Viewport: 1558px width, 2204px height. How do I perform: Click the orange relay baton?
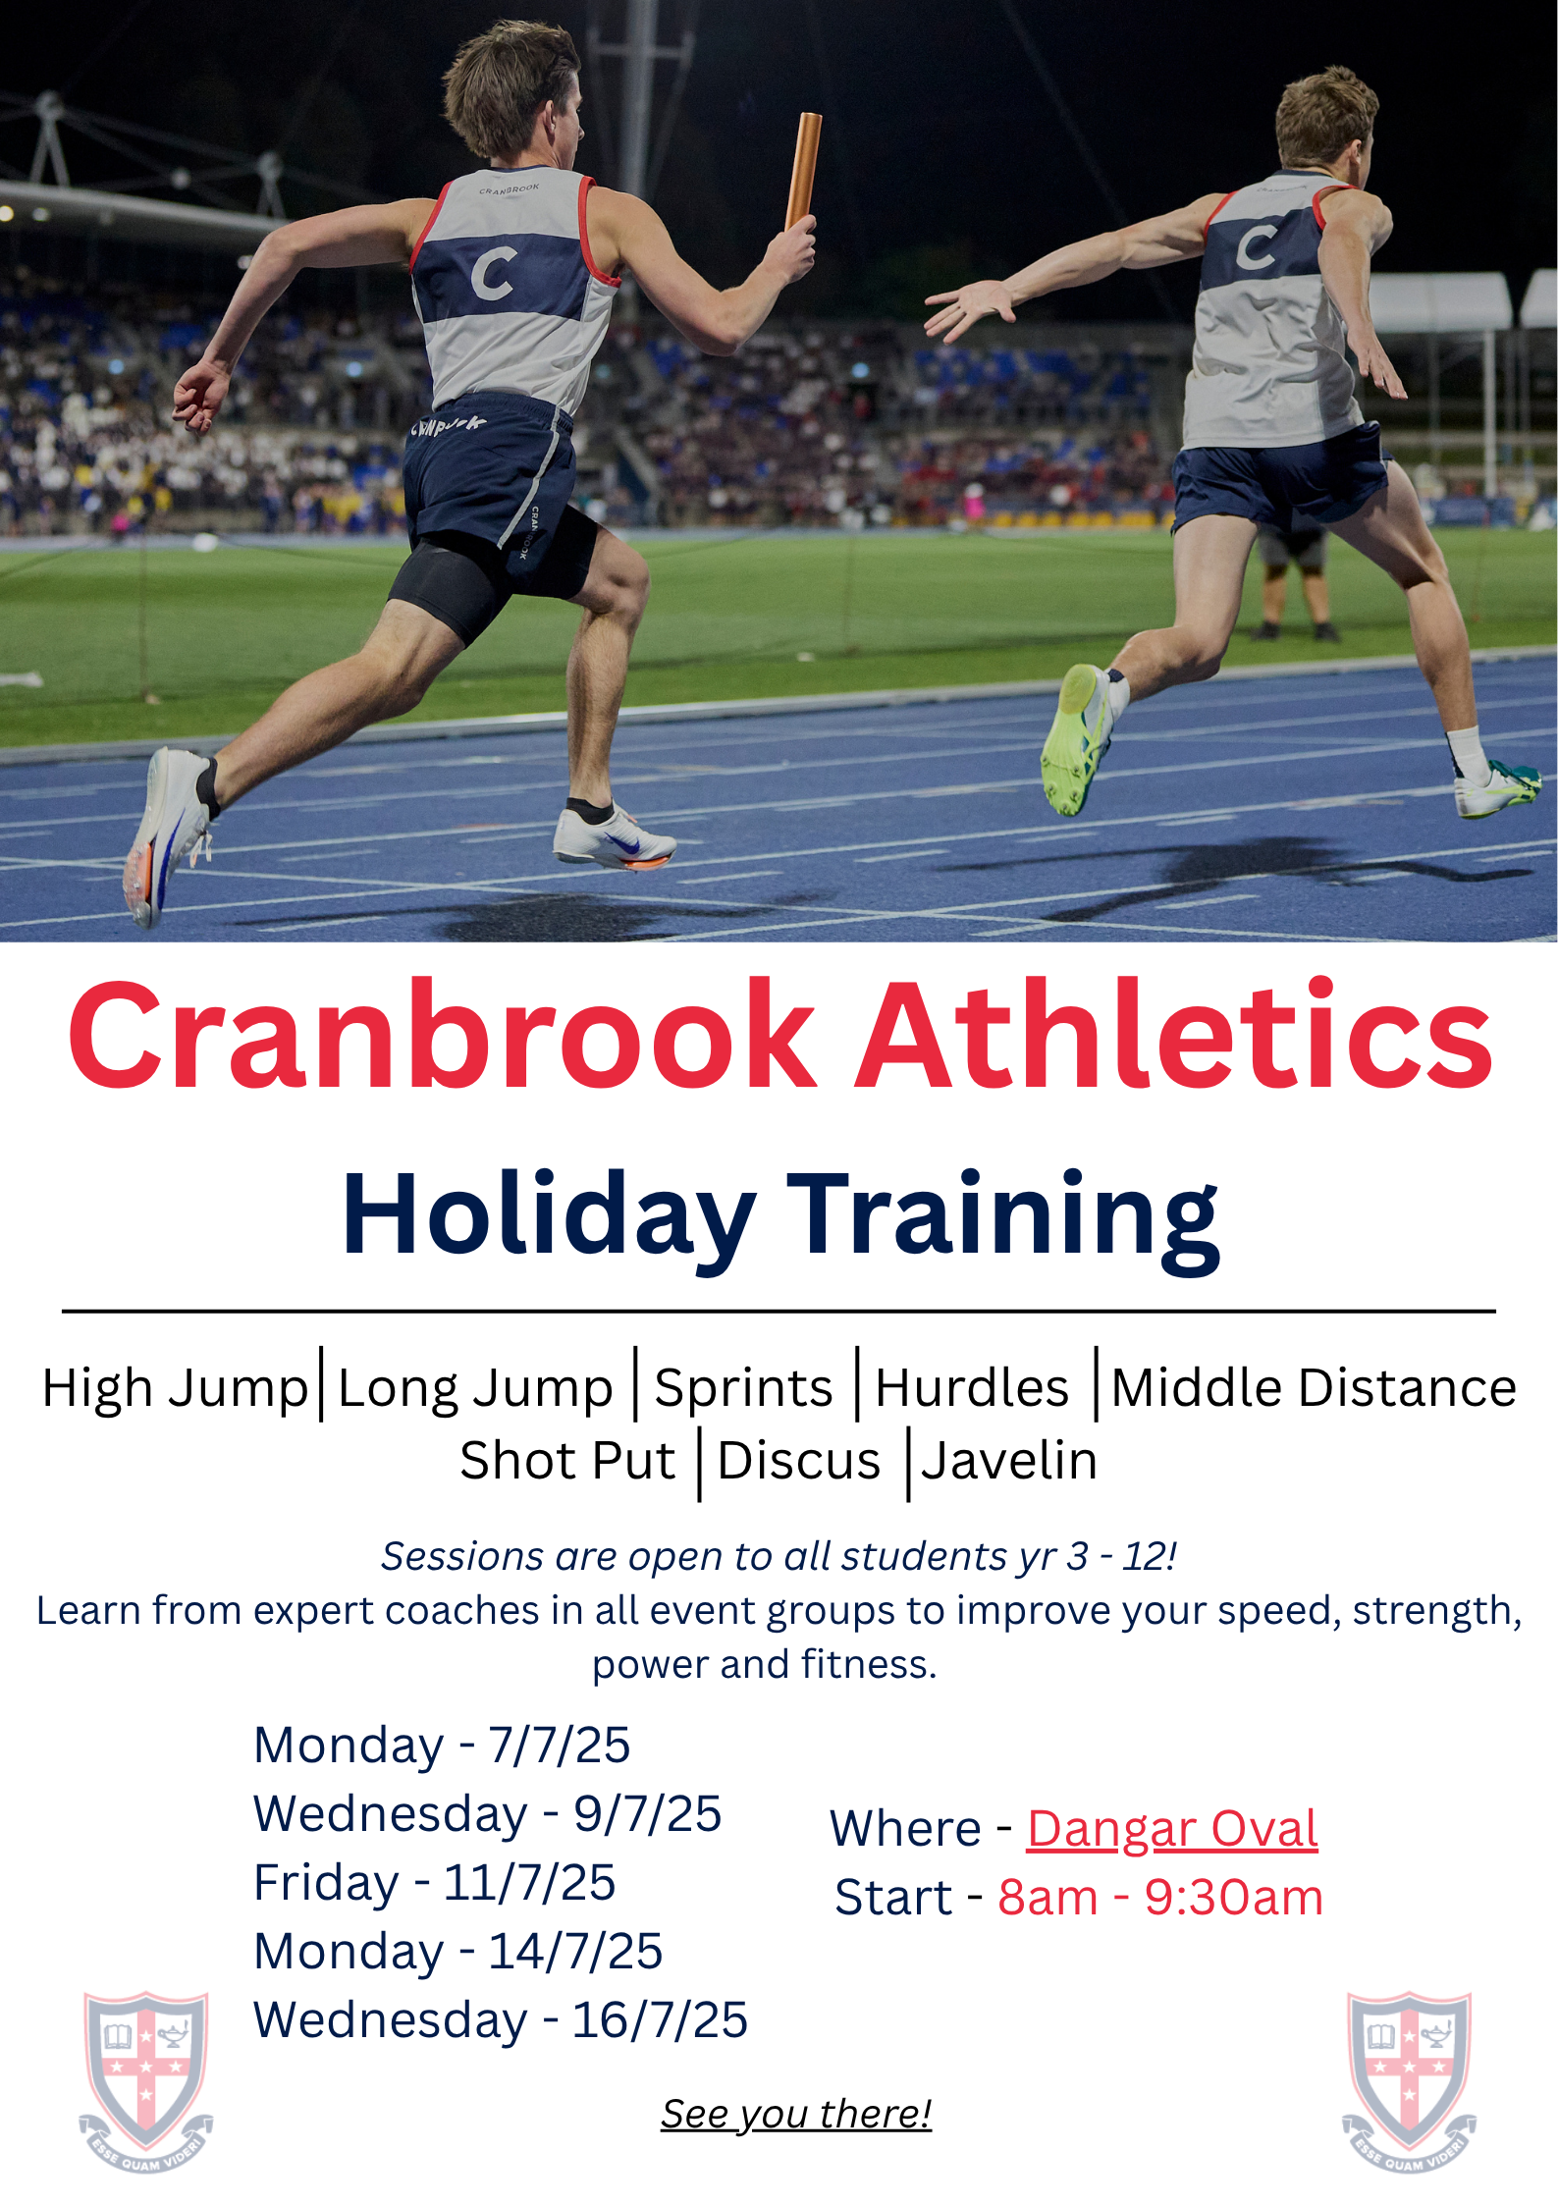(x=802, y=171)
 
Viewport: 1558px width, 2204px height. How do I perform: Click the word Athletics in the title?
(x=1174, y=1035)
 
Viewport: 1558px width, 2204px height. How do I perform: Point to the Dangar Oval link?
(x=1172, y=1828)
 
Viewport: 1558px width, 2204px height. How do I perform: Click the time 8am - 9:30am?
(x=1160, y=1897)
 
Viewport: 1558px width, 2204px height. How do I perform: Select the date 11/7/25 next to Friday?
(x=529, y=1882)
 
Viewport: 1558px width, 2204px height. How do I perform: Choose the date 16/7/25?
(x=660, y=2019)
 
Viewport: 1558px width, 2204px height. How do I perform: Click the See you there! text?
(x=795, y=2114)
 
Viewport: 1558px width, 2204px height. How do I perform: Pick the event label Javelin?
(x=1009, y=1460)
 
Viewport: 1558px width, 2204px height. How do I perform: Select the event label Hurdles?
(x=972, y=1387)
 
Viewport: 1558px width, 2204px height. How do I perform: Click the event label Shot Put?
(x=567, y=1460)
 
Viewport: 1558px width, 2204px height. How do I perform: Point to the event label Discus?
(x=799, y=1460)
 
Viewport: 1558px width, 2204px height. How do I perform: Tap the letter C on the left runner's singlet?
(x=493, y=273)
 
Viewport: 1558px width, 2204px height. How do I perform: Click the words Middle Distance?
(x=1314, y=1387)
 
